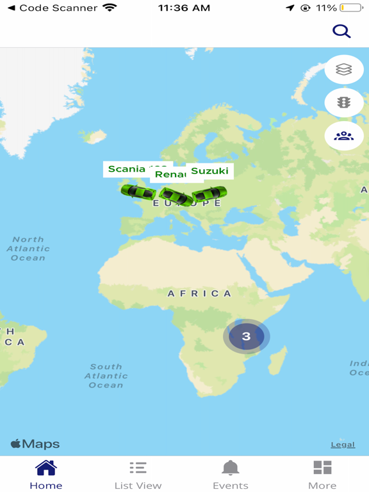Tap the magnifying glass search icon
click(x=341, y=31)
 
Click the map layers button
click(x=344, y=70)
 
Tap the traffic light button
click(x=344, y=102)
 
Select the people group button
click(x=344, y=136)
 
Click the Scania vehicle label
click(x=127, y=169)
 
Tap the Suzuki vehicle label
click(x=209, y=171)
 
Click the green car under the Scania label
click(x=138, y=191)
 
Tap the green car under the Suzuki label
click(x=209, y=193)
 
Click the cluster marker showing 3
click(x=246, y=336)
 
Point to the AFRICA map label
click(x=199, y=293)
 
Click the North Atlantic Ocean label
click(x=28, y=249)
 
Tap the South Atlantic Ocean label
click(x=106, y=376)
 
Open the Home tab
click(x=46, y=475)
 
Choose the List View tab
click(x=138, y=475)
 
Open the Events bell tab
click(x=230, y=475)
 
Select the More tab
click(x=322, y=475)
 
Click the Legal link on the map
click(x=343, y=445)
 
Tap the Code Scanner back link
click(x=53, y=8)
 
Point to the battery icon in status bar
click(x=350, y=8)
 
